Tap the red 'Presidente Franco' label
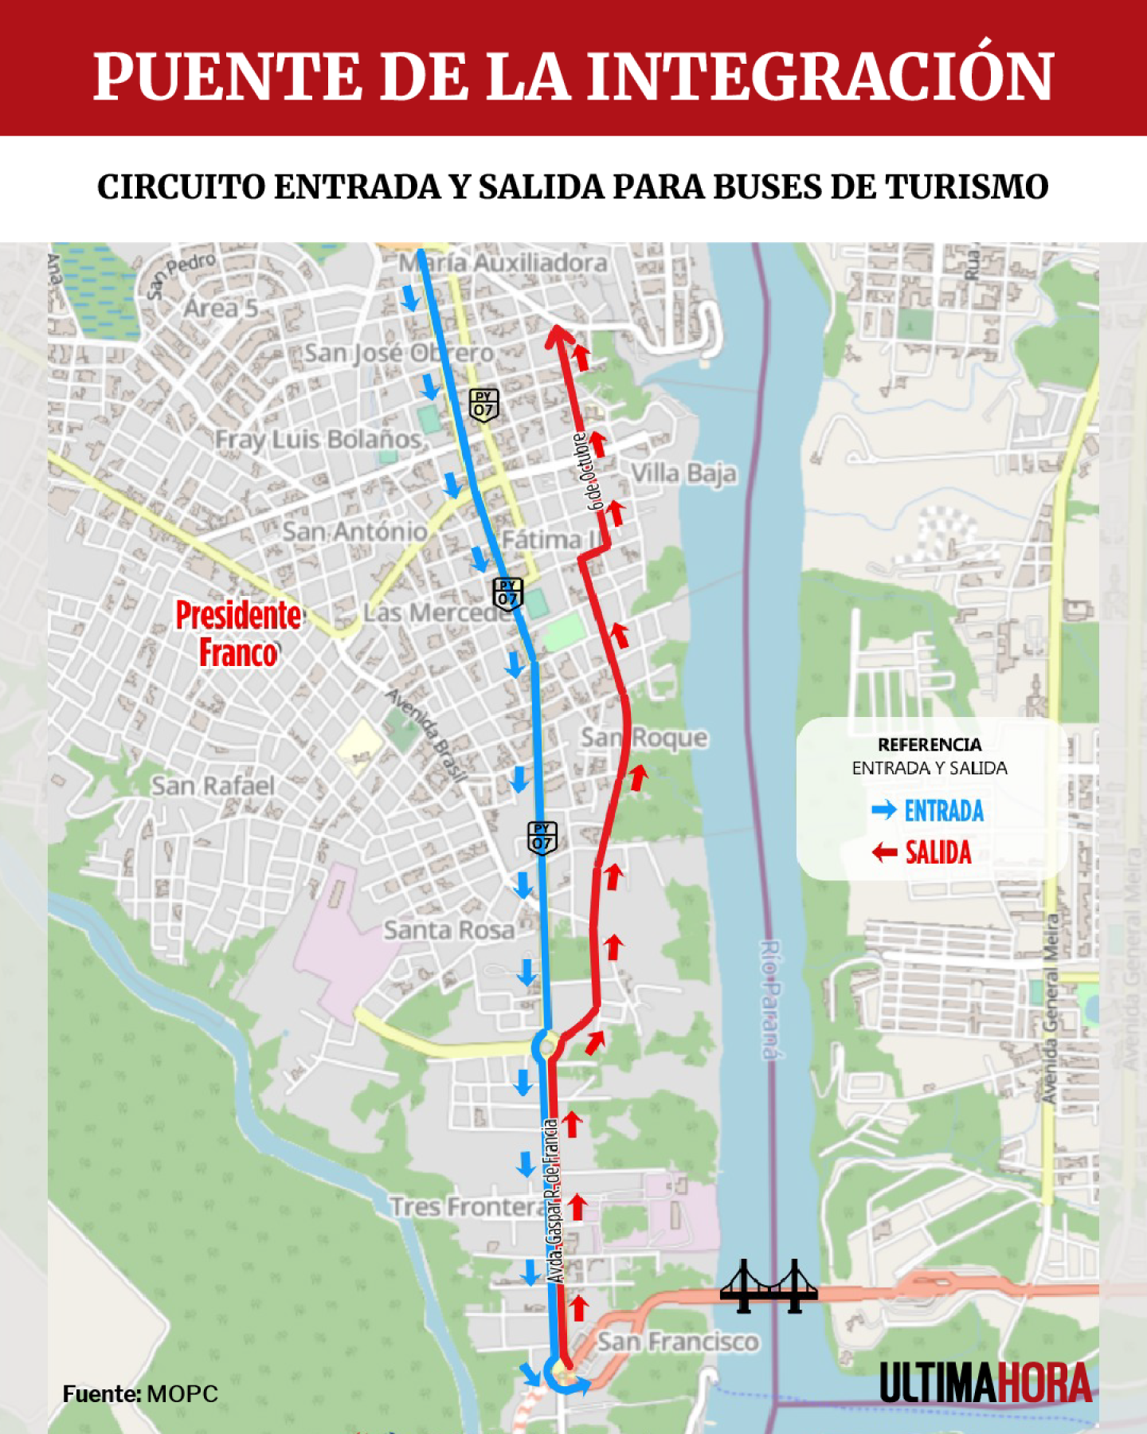[238, 634]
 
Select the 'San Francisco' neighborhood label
[678, 1342]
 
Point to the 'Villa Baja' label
[683, 473]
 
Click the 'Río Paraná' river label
[769, 1000]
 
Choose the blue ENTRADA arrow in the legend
[884, 811]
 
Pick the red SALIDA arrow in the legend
[884, 853]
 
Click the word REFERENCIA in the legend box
[930, 745]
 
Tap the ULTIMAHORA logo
[985, 1382]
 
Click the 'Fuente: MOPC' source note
[140, 1394]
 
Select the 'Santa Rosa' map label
[449, 930]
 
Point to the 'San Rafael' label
[213, 786]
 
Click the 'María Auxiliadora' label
[503, 263]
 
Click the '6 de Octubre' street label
[588, 472]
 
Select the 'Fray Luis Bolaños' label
[318, 439]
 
